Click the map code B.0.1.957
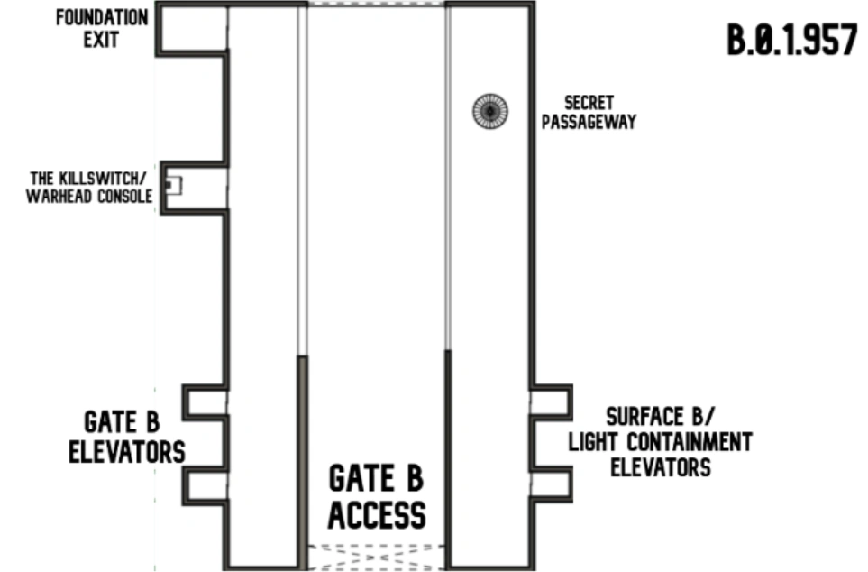click(791, 41)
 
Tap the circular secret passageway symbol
click(489, 111)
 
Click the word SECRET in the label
click(589, 104)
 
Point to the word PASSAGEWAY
click(589, 121)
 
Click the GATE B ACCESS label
click(376, 496)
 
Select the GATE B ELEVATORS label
click(127, 437)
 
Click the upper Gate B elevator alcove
click(206, 401)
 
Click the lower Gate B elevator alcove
click(206, 486)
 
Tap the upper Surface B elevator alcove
click(551, 401)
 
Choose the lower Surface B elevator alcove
click(551, 484)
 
